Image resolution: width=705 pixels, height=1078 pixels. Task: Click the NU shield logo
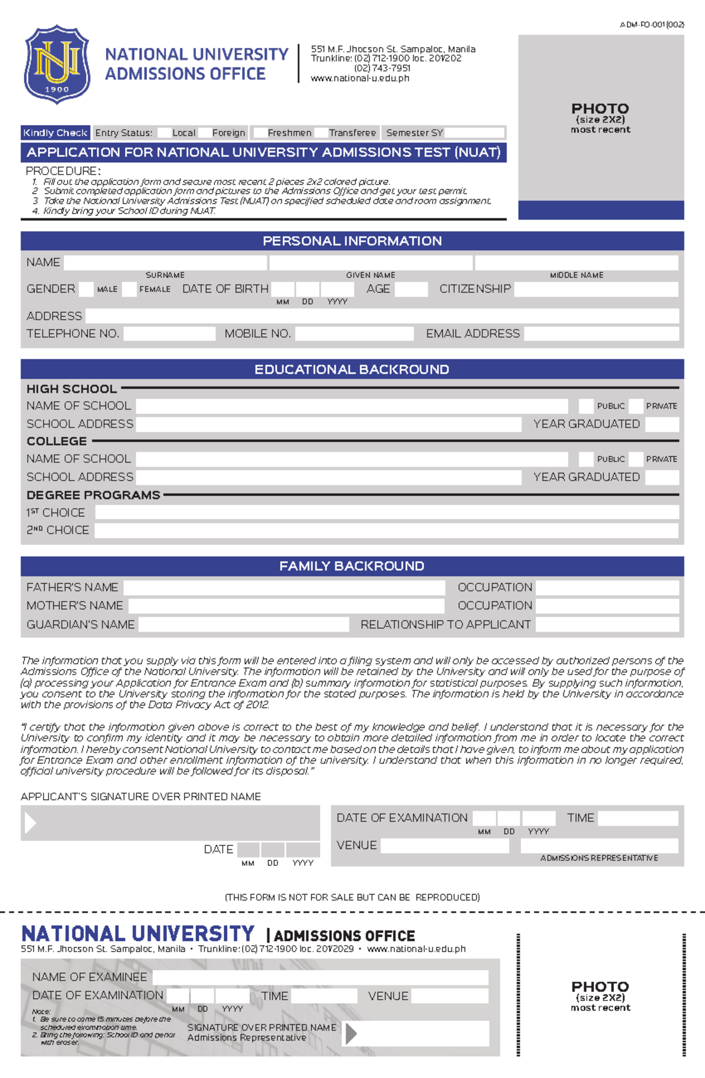[x=57, y=65]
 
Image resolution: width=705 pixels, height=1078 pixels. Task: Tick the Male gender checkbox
[x=86, y=289]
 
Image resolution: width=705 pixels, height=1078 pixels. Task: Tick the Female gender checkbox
[x=129, y=289]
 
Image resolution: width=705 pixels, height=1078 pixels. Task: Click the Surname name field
[x=165, y=263]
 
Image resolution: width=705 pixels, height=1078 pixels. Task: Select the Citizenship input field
[x=596, y=289]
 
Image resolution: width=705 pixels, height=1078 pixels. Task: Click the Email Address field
[x=601, y=334]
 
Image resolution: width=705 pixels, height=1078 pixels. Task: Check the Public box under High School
[x=586, y=406]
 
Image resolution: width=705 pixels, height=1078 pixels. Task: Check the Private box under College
[x=635, y=459]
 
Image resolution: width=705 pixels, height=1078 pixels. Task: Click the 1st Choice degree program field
[x=387, y=513]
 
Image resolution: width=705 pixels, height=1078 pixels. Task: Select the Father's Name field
[x=284, y=587]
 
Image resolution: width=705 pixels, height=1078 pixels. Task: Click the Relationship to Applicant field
[x=607, y=624]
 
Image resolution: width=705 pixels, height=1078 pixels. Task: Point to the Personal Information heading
[x=352, y=241]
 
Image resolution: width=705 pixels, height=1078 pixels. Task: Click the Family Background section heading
[x=352, y=566]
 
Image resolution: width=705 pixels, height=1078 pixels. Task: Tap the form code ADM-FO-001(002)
[x=652, y=25]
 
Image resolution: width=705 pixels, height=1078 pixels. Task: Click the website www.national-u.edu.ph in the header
[x=360, y=78]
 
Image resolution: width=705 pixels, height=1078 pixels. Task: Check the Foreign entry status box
[x=205, y=133]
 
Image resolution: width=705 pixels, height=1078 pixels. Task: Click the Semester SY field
[x=474, y=133]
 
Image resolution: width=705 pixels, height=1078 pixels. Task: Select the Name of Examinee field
[x=320, y=977]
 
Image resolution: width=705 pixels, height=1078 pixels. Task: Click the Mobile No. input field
[x=354, y=334]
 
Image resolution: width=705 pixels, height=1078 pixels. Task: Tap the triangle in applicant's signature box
[x=30, y=822]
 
